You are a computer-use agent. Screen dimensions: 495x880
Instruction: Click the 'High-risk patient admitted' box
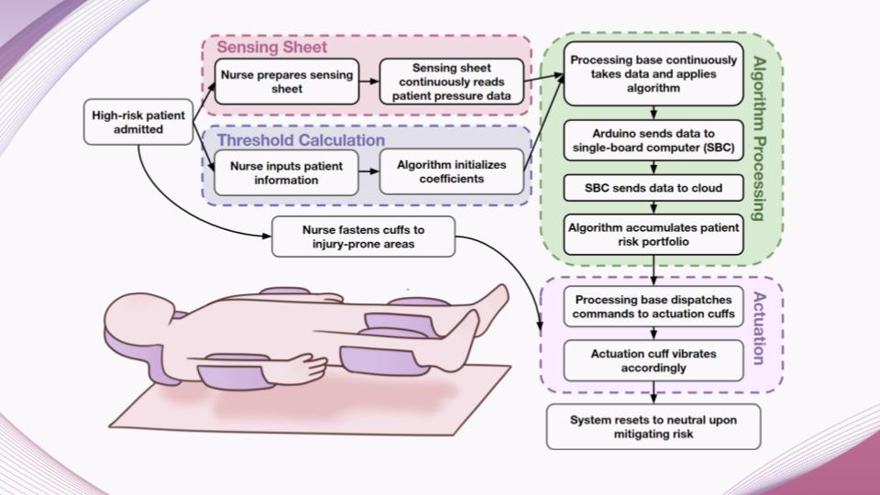tap(138, 122)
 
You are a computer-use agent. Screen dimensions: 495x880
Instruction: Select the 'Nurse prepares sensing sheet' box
tap(285, 82)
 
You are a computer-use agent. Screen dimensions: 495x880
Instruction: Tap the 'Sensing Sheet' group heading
tap(271, 47)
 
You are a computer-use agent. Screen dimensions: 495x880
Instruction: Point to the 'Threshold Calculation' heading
tap(300, 140)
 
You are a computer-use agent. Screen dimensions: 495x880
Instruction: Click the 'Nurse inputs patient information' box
tap(285, 173)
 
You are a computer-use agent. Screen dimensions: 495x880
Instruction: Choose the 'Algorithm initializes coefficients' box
tap(452, 173)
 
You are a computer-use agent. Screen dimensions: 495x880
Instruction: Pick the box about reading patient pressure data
tap(452, 82)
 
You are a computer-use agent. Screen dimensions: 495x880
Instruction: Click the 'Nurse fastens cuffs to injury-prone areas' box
tap(364, 236)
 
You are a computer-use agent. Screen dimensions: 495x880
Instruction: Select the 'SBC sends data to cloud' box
tap(653, 188)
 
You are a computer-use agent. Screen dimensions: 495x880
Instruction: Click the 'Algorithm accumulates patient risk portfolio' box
tap(653, 234)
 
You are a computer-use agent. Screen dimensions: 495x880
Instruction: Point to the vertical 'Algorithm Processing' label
tap(759, 137)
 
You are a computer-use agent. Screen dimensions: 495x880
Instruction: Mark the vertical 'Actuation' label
tap(759, 330)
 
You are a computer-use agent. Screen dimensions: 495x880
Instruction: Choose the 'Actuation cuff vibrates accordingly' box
tap(653, 360)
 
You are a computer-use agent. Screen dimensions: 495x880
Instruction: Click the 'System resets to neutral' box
tap(653, 426)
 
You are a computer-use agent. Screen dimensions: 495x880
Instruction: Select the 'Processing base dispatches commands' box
tap(653, 306)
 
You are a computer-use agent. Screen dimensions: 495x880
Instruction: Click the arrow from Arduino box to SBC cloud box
tap(653, 167)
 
